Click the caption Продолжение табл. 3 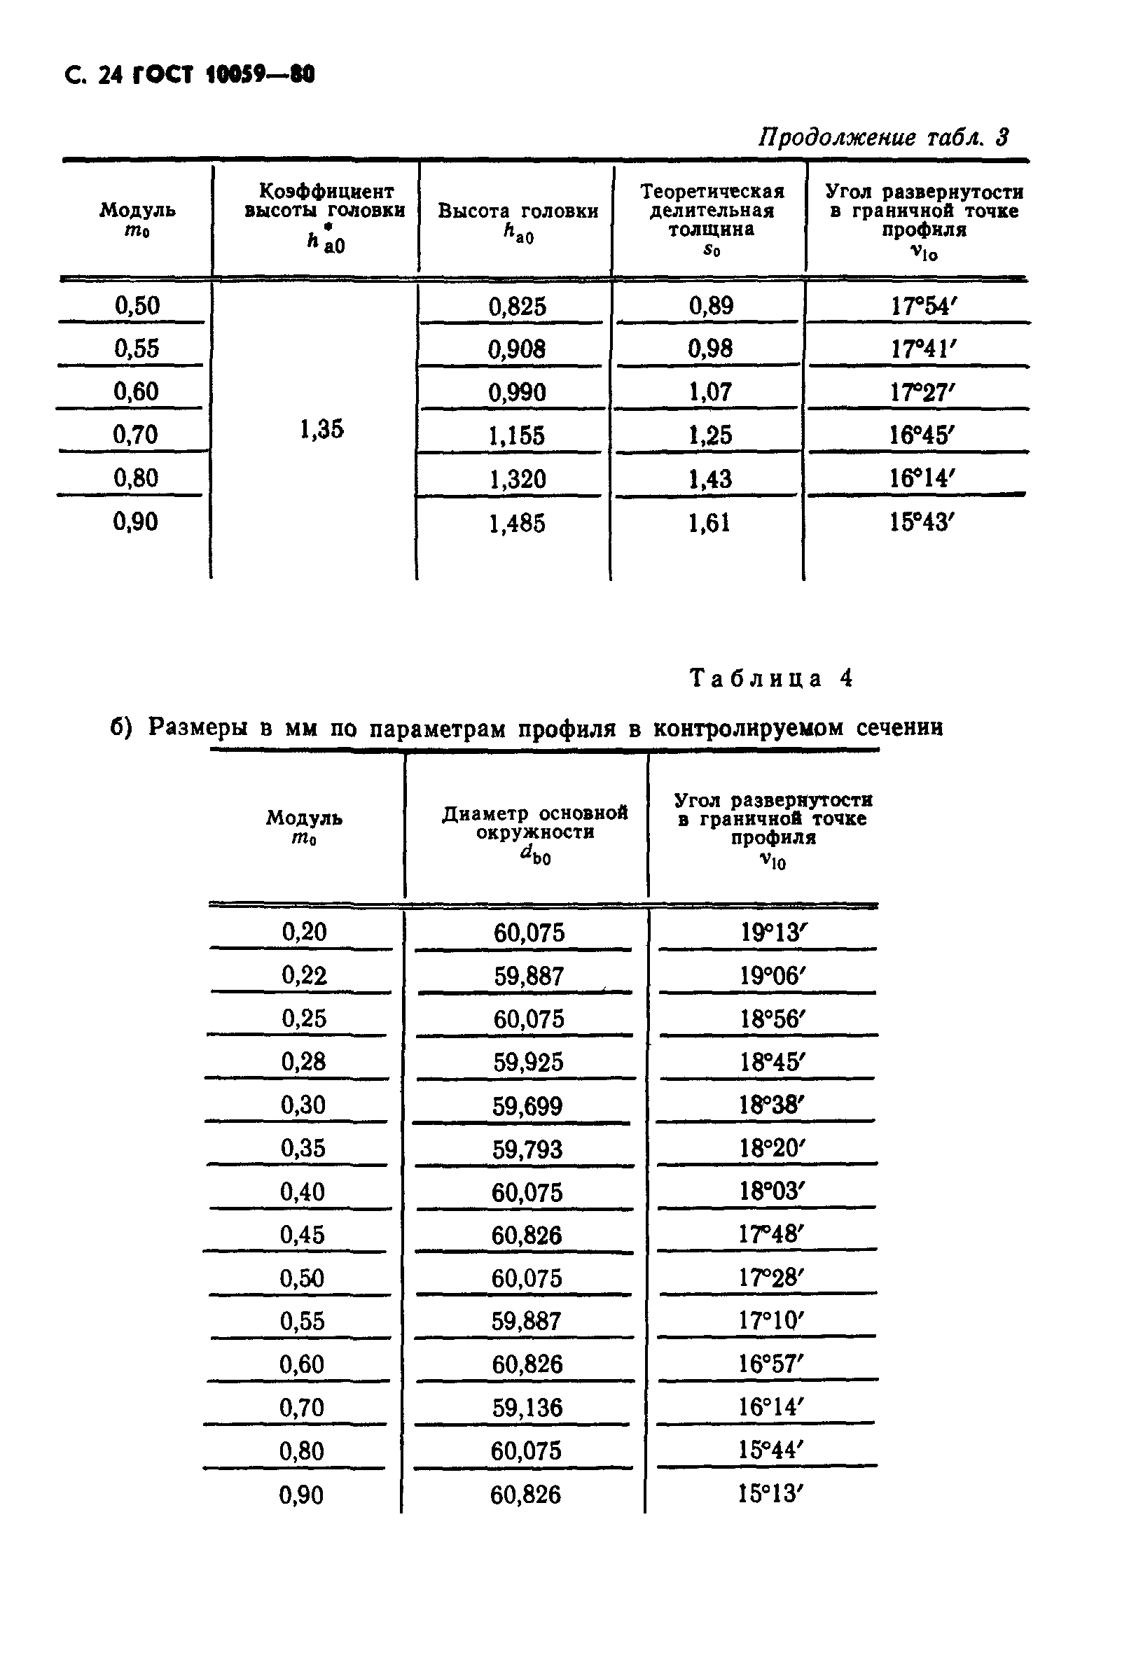(x=882, y=137)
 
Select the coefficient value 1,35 (x=321, y=429)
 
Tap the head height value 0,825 (x=517, y=307)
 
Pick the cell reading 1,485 (x=516, y=524)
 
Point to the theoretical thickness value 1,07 (x=709, y=392)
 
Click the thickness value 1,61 (x=709, y=524)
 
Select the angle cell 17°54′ (x=922, y=307)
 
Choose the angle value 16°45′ (x=921, y=435)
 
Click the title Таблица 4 (x=770, y=678)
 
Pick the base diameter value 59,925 (x=528, y=1063)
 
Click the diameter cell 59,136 (x=527, y=1408)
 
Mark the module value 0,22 (x=304, y=975)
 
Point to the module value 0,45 (x=303, y=1235)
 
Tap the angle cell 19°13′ (x=772, y=932)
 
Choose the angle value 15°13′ (x=770, y=1494)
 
